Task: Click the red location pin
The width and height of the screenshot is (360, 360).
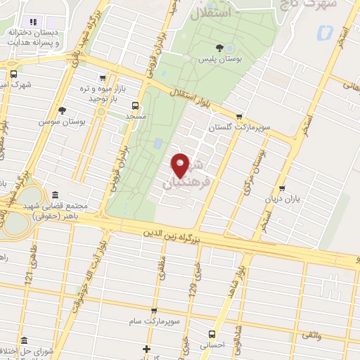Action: pyautogui.click(x=181, y=165)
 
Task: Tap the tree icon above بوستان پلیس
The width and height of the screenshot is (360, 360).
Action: pyautogui.click(x=221, y=48)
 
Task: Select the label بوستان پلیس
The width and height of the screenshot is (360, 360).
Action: pyautogui.click(x=220, y=59)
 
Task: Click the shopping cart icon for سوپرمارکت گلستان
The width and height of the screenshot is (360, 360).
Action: pyautogui.click(x=240, y=117)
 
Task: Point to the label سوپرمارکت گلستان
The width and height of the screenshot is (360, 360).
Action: pyautogui.click(x=240, y=128)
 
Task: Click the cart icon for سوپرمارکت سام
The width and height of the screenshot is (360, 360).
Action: pyautogui.click(x=154, y=310)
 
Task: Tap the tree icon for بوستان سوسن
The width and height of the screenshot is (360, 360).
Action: pyautogui.click(x=63, y=110)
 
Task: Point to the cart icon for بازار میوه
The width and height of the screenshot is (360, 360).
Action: pyautogui.click(x=103, y=79)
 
